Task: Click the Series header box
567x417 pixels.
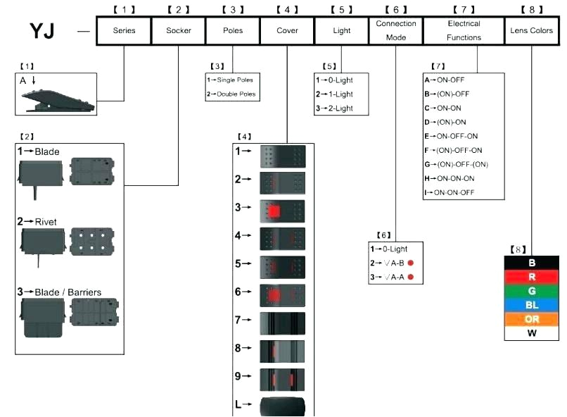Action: [x=123, y=31]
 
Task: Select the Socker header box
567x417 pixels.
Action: [x=178, y=31]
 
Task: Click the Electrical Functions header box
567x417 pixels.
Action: [x=464, y=31]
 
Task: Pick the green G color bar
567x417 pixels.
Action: [x=533, y=291]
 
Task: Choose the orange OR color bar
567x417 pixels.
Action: [x=533, y=319]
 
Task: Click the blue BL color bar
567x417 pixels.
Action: [x=533, y=305]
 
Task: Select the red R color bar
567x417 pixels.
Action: [x=533, y=277]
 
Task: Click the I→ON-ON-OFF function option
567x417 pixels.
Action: [x=454, y=192]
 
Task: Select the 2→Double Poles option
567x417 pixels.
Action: [x=231, y=94]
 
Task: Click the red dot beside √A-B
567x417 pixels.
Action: [x=410, y=263]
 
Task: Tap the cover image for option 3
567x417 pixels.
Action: [x=283, y=209]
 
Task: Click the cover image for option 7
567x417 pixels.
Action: [x=283, y=321]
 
